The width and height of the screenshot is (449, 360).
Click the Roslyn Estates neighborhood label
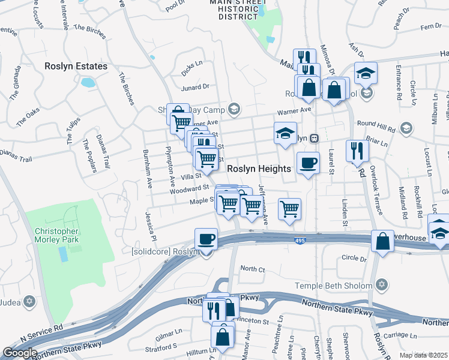tap(76, 66)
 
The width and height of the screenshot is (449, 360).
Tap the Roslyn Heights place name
tap(259, 169)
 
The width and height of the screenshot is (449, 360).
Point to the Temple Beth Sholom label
tap(333, 286)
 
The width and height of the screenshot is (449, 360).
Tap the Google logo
tap(20, 353)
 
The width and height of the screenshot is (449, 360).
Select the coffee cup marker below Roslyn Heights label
tap(308, 162)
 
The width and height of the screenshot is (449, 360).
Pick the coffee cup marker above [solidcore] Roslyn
tap(205, 238)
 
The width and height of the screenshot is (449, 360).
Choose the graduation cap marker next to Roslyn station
tap(285, 133)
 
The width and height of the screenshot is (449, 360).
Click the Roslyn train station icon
tap(313, 138)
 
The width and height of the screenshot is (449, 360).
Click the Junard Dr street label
tap(195, 87)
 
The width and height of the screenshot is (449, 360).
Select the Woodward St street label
tap(188, 189)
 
